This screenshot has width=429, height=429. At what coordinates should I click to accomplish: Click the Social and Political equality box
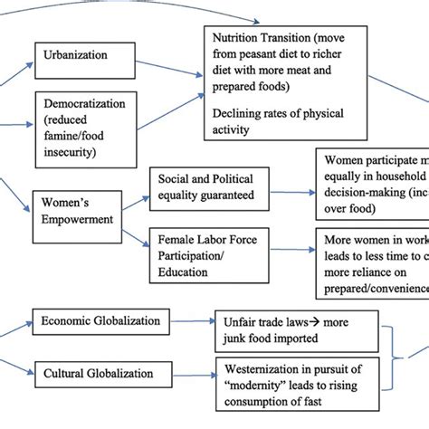click(207, 187)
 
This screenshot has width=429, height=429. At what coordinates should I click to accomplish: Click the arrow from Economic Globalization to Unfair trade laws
click(189, 321)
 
